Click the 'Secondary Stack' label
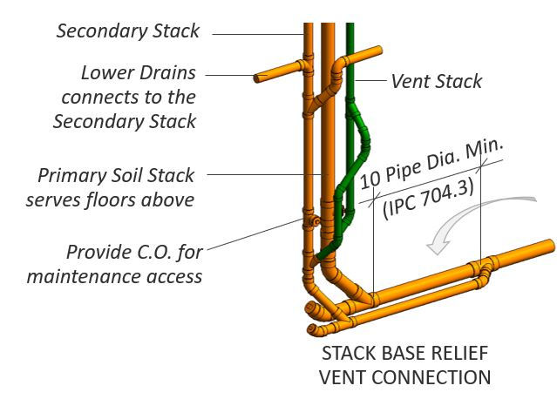[128, 31]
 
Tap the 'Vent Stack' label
[436, 81]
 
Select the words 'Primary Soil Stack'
[114, 176]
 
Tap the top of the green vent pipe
[350, 28]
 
